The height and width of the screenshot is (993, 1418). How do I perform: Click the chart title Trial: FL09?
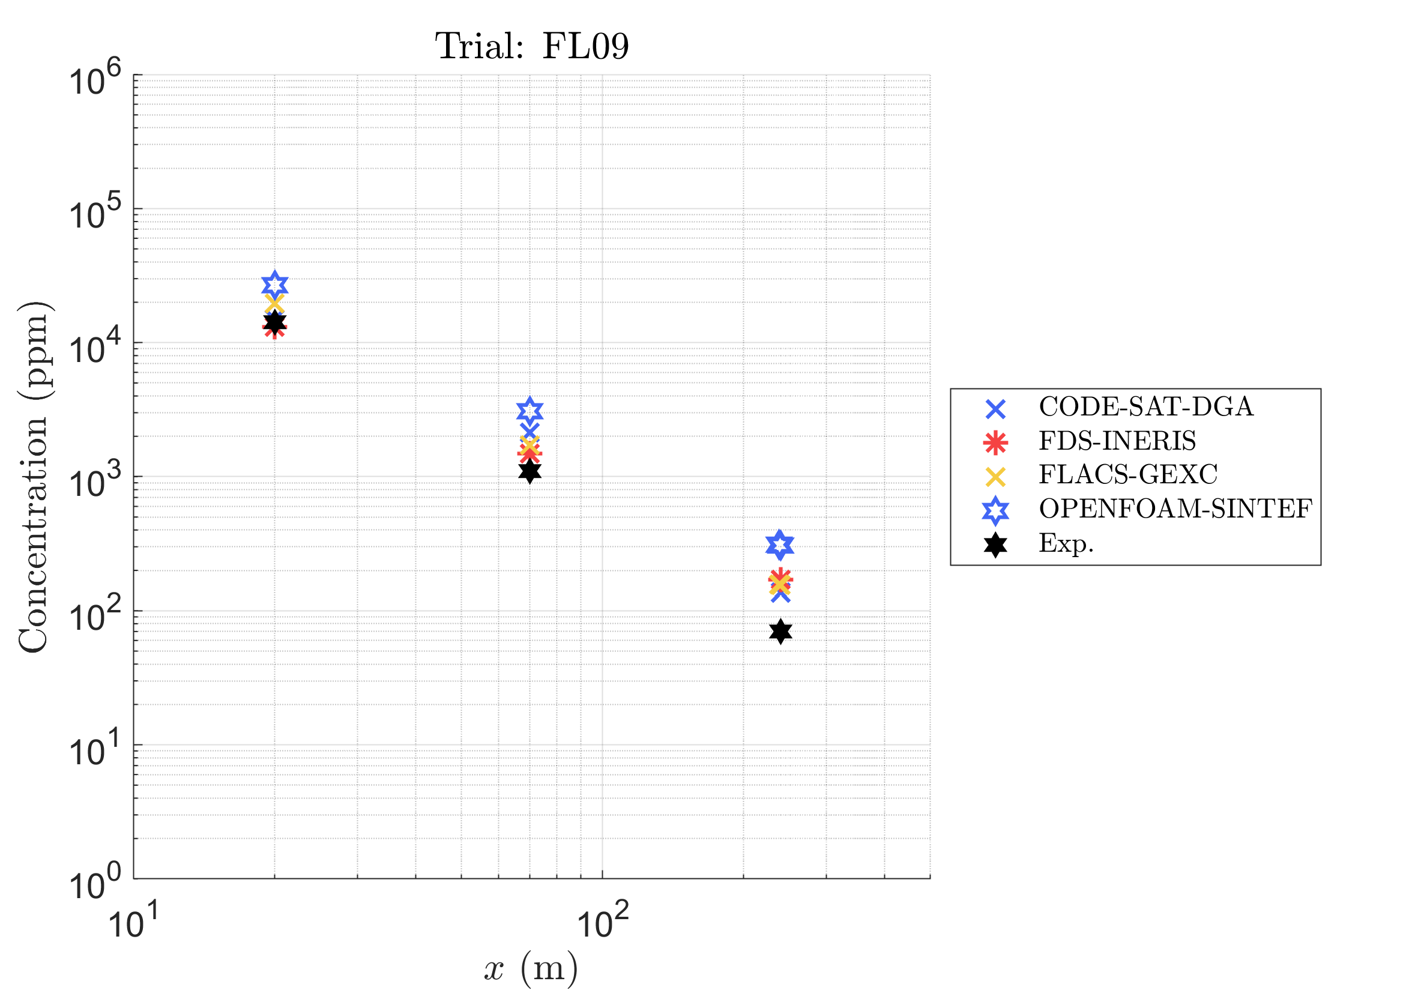532,46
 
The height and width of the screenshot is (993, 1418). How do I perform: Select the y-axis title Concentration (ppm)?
34,477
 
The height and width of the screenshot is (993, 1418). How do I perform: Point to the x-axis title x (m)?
531,967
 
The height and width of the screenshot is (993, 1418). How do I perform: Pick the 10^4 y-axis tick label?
95,349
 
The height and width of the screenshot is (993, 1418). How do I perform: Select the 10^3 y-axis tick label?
95,483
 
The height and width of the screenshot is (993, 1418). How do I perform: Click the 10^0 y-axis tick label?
95,885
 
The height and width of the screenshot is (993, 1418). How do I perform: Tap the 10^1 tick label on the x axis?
133,924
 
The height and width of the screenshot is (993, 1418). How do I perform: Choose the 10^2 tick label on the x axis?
602,924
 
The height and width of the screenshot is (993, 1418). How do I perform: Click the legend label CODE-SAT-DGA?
1145,407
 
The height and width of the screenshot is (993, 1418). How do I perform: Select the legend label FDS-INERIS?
1117,441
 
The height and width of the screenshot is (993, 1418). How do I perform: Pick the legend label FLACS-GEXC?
1127,475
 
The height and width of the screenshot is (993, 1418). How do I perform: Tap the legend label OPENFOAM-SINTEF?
1175,509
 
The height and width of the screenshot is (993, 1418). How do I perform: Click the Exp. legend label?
1066,543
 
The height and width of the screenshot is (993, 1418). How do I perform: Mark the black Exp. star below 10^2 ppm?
780,631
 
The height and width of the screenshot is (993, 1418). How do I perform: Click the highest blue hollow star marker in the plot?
275,284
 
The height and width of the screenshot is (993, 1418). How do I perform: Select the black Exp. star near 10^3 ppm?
529,471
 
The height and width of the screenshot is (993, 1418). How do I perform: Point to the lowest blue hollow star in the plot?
780,545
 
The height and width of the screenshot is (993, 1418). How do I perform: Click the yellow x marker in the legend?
995,476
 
